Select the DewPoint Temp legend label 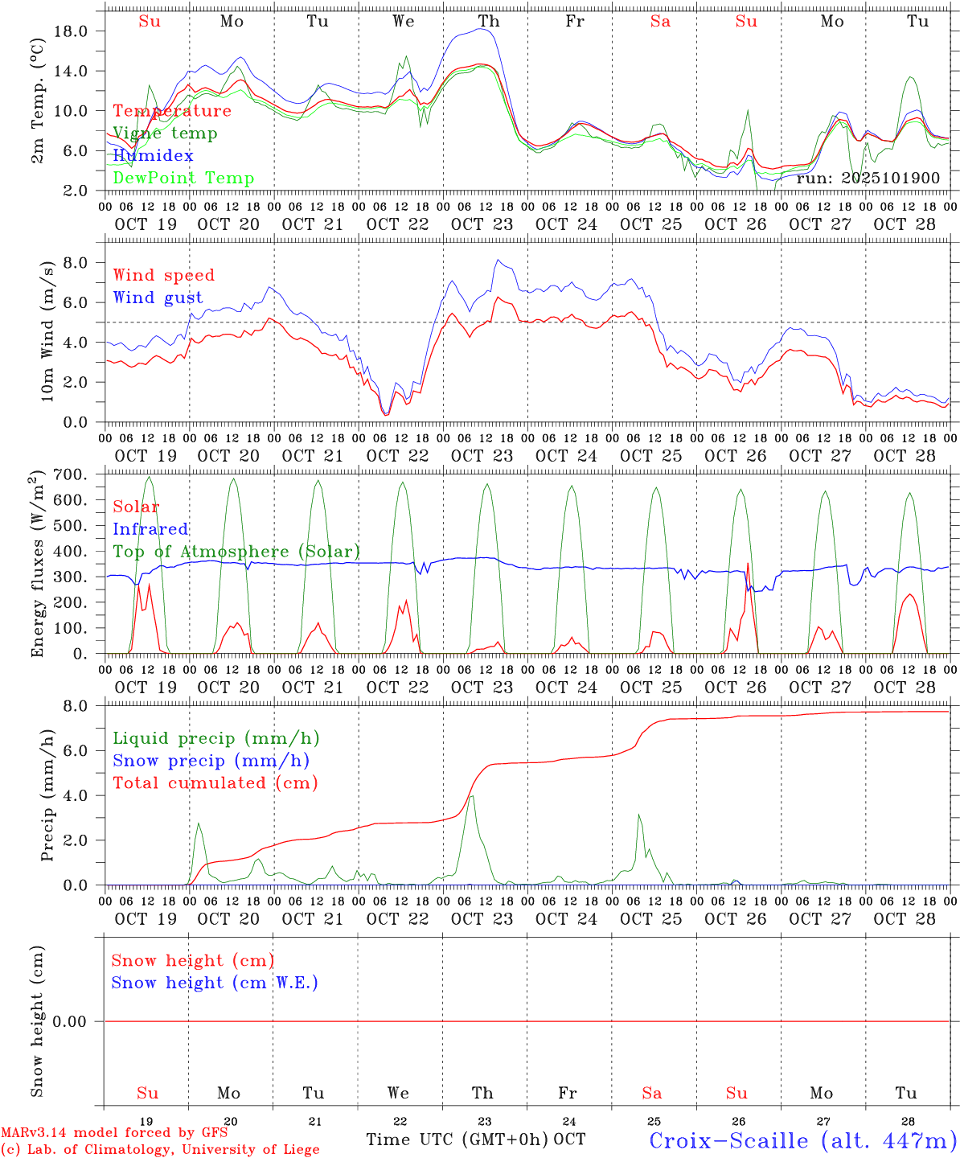[183, 178]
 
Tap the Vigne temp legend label [165, 133]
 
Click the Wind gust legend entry [158, 298]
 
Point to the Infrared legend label [150, 529]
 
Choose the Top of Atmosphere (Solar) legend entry [236, 552]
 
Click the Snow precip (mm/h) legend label [211, 761]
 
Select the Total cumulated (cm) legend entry [215, 782]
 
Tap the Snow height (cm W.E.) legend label [215, 983]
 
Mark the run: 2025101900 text [868, 178]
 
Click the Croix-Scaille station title [802, 1140]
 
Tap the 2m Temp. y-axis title [37, 111]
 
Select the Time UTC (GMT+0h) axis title [457, 1140]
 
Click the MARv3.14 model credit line [114, 1132]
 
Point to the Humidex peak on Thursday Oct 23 [481, 28]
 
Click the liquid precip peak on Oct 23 [471, 796]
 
